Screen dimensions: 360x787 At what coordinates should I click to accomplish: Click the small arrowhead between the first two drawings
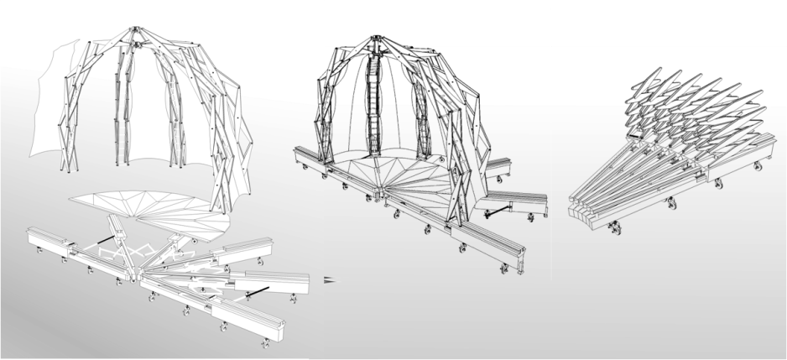point(328,278)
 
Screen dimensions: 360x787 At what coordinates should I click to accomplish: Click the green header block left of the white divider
point(437,23)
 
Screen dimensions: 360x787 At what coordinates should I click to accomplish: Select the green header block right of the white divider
point(669,23)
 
